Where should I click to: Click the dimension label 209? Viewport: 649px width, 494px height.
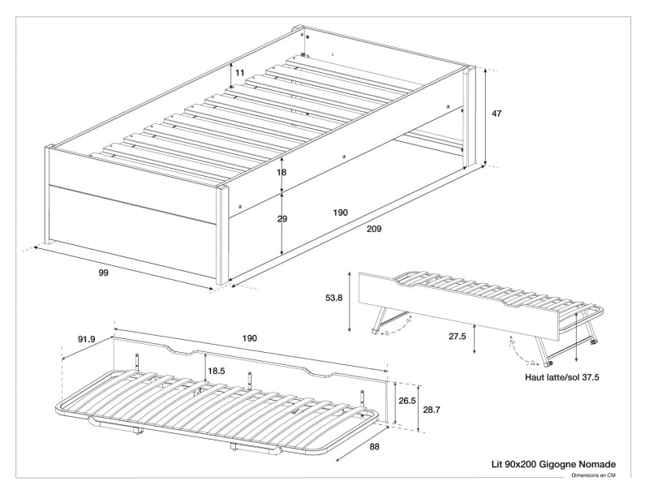[x=374, y=229]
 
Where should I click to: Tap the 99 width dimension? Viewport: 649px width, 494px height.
[x=103, y=273]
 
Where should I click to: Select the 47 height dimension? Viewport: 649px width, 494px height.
[x=496, y=114]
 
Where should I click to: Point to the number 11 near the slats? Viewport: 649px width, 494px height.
[x=240, y=73]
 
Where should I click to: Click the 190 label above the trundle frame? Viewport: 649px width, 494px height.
[x=249, y=337]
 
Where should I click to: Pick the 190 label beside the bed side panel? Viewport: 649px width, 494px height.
[x=340, y=213]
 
